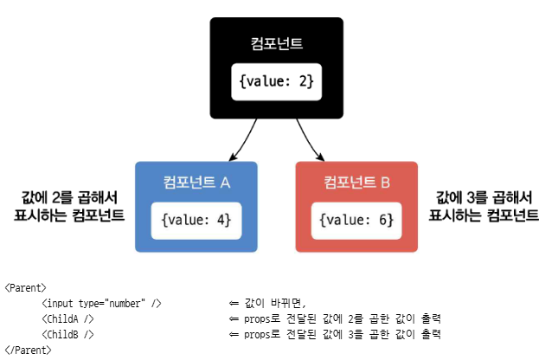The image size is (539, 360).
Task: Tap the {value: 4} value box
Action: (x=196, y=220)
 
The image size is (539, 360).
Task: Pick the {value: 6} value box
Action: (x=356, y=220)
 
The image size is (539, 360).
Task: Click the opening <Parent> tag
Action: (x=26, y=287)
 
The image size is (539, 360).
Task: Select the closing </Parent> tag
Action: (x=29, y=350)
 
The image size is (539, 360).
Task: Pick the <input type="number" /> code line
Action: (x=101, y=303)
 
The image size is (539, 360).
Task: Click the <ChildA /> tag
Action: (x=67, y=318)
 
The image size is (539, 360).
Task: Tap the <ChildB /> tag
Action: (x=67, y=334)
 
